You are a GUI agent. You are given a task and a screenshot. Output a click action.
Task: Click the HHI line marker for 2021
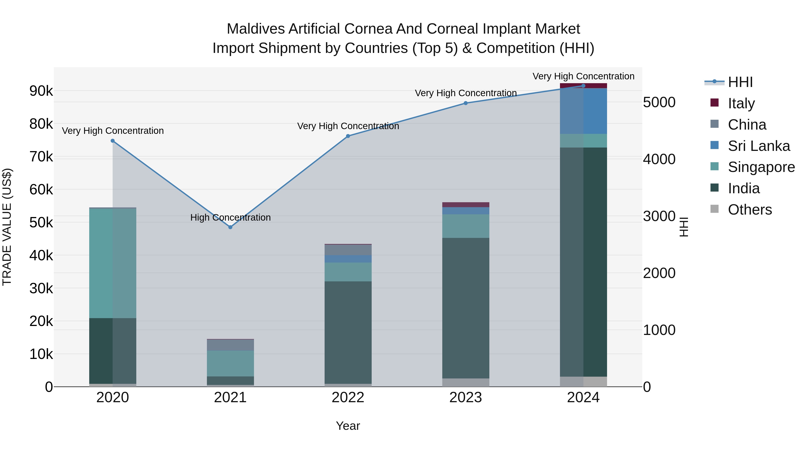point(230,227)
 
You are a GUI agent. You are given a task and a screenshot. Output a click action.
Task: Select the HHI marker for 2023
point(466,103)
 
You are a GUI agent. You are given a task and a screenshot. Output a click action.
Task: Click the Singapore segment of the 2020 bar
point(113,263)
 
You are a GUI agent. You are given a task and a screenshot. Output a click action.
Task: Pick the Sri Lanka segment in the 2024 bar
point(583,111)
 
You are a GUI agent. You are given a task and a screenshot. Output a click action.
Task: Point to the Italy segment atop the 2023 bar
point(466,205)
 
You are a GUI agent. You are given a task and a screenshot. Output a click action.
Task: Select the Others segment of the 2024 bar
point(583,381)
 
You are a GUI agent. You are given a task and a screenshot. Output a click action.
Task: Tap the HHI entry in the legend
point(740,82)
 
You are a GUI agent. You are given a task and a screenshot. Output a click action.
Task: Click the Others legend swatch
point(715,209)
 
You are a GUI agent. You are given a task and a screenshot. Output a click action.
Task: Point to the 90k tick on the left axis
point(41,91)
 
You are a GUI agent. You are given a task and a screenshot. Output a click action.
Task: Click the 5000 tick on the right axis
point(659,102)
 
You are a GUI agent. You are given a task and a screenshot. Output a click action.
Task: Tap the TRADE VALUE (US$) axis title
point(7,227)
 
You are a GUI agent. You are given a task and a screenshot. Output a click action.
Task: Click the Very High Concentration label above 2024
point(583,76)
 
